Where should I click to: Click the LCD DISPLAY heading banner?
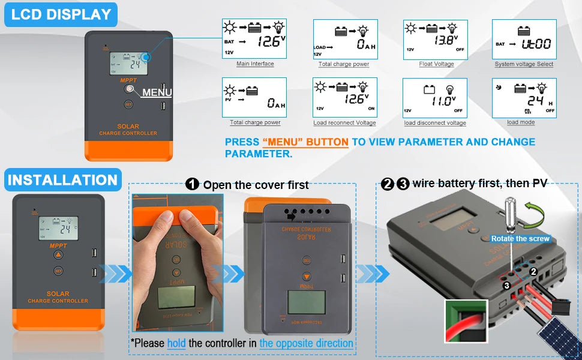61,14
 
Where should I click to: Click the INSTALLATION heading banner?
62,180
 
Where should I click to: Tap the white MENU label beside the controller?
157,92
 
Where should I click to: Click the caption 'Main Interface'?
255,64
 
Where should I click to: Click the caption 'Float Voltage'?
436,64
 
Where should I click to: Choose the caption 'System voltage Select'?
524,64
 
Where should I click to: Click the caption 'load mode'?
520,122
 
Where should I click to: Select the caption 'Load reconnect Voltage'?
344,123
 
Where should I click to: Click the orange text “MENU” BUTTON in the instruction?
305,142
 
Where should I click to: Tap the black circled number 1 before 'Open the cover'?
192,184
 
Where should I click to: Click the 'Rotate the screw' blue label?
520,239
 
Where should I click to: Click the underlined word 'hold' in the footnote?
176,343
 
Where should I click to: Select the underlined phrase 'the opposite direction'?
306,343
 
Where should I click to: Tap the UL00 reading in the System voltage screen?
535,44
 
